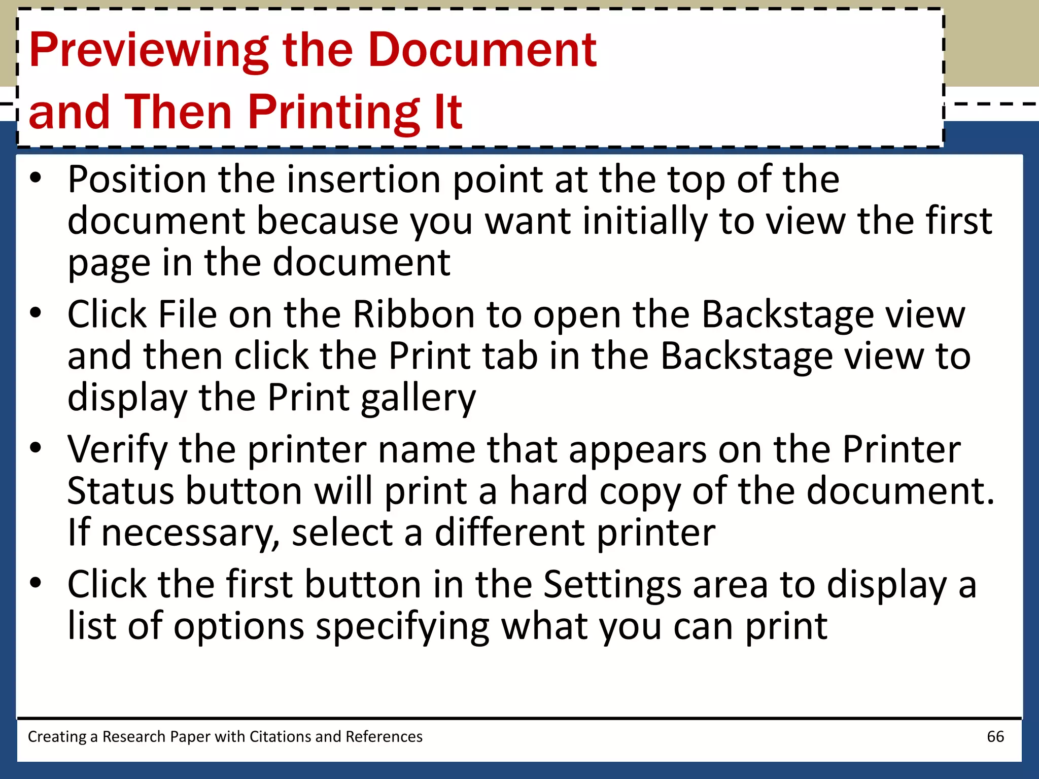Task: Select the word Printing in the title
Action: click(334, 113)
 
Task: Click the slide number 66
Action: click(995, 736)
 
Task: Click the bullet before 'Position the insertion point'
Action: click(35, 178)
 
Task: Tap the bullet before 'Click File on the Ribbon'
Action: click(35, 313)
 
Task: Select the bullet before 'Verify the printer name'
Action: click(35, 448)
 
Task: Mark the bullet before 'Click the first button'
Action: click(35, 583)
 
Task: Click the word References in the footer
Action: click(384, 736)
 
